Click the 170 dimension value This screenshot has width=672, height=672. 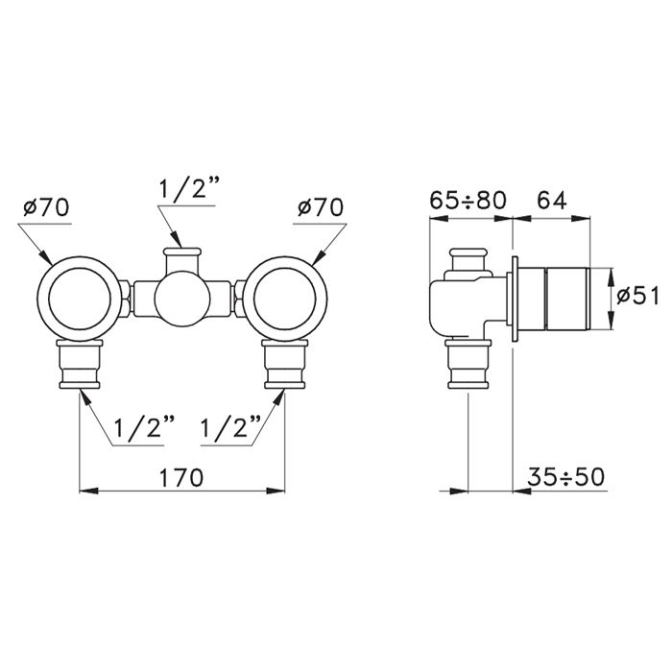(x=181, y=477)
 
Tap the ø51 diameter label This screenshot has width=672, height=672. (x=637, y=296)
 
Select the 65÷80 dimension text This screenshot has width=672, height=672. (x=468, y=200)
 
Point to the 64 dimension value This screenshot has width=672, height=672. (x=552, y=200)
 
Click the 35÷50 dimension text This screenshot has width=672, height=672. (x=565, y=476)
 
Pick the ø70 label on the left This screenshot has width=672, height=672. (x=46, y=207)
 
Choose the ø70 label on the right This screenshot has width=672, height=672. (x=321, y=207)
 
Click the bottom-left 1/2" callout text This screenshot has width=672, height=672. (x=145, y=426)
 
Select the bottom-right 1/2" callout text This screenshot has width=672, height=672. (x=230, y=426)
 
